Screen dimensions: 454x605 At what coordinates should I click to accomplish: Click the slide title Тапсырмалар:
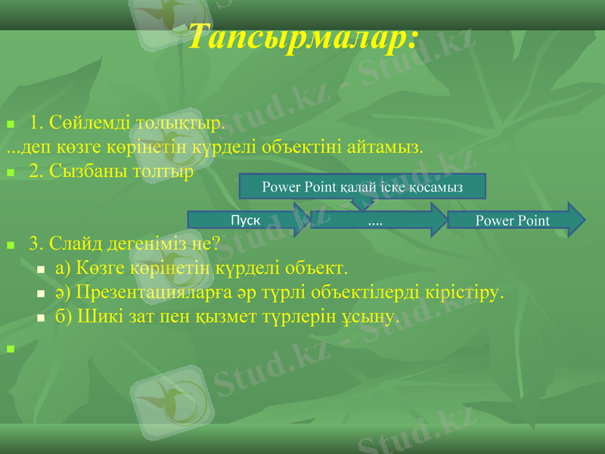tap(302, 36)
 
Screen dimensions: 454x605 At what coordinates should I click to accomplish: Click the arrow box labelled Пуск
tap(246, 220)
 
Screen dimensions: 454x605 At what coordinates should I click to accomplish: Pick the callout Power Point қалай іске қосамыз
tap(362, 186)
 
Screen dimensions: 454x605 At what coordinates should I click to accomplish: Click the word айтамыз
tap(386, 146)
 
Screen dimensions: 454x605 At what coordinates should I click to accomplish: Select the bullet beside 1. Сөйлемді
tap(10, 123)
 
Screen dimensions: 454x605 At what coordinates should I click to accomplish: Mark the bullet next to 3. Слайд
tap(10, 245)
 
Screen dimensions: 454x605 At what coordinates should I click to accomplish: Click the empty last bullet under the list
tap(10, 350)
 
